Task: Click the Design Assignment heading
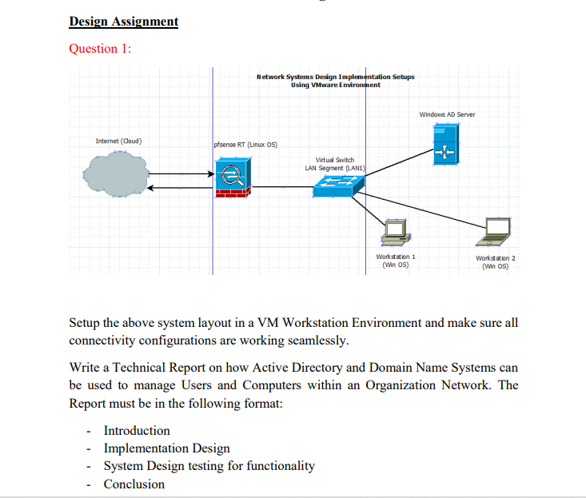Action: [124, 22]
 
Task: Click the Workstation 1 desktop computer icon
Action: [395, 232]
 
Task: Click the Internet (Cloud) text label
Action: [119, 141]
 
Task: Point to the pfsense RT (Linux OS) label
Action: [245, 145]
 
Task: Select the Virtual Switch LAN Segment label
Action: [329, 164]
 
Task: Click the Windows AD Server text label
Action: [447, 114]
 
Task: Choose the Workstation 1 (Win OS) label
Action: [395, 260]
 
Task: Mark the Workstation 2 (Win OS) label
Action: [495, 262]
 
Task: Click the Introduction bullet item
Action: [137, 431]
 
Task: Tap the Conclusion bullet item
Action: [134, 484]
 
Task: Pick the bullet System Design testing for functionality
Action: [209, 466]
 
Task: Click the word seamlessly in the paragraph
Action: [317, 341]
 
